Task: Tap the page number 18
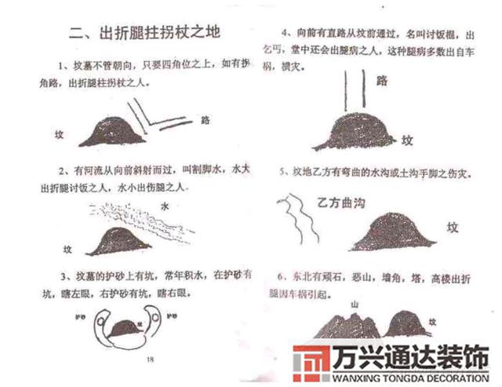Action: tap(150, 359)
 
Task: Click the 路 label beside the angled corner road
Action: tap(206, 121)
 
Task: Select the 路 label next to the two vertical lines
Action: tap(383, 80)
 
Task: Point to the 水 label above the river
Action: tap(164, 207)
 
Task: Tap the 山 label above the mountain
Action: tap(354, 303)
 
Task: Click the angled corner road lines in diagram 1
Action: tap(157, 118)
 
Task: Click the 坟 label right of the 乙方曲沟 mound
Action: tap(453, 227)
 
